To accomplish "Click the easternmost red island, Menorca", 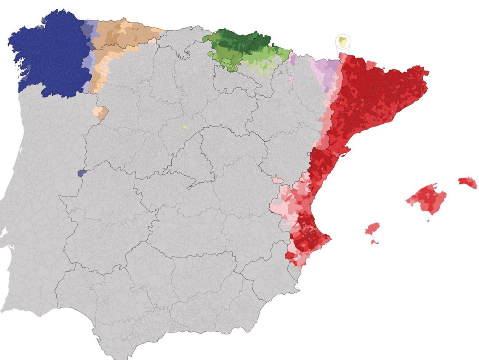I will (467, 183).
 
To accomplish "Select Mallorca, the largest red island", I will (427, 198).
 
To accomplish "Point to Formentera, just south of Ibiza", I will (375, 241).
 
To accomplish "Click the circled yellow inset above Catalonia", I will (342, 42).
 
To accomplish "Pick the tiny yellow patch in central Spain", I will (185, 127).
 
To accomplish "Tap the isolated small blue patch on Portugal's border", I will (81, 173).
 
